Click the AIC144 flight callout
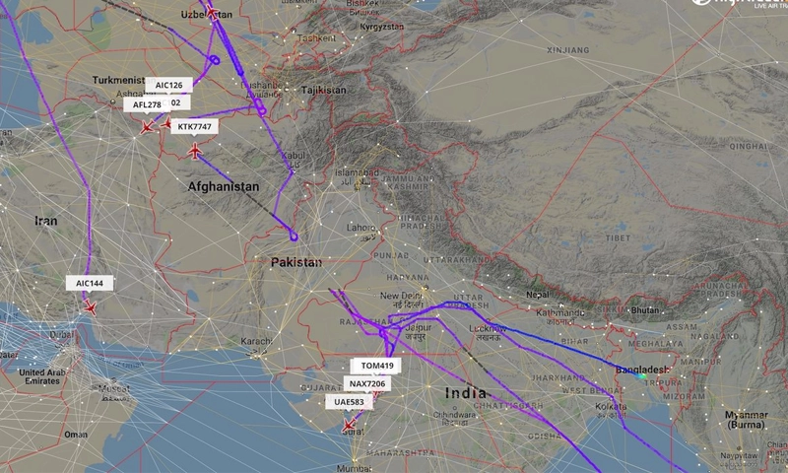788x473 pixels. [x=90, y=283]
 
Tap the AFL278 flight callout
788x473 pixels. [x=147, y=105]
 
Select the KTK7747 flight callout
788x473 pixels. [x=194, y=127]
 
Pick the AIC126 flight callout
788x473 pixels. [x=168, y=86]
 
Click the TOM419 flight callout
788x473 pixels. [x=376, y=366]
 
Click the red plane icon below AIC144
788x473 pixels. [x=91, y=307]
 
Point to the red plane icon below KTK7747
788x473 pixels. [x=195, y=151]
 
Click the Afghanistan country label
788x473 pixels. [x=224, y=186]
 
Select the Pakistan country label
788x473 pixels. [x=296, y=263]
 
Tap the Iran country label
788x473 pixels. [x=46, y=222]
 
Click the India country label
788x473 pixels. [x=466, y=393]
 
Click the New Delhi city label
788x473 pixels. [x=401, y=296]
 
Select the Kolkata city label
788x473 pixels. [x=611, y=406]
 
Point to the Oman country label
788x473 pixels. [x=75, y=435]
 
